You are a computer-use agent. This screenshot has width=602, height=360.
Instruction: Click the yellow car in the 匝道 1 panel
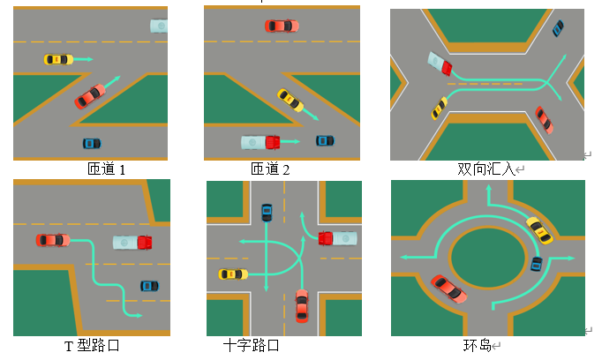tap(58, 59)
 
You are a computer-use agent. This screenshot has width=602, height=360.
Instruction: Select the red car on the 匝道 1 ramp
tap(90, 95)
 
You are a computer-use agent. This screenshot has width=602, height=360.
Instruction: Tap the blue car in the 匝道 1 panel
tap(92, 143)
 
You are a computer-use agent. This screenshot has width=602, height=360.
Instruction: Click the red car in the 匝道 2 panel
tap(282, 26)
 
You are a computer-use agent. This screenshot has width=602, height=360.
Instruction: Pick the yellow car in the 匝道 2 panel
tap(290, 101)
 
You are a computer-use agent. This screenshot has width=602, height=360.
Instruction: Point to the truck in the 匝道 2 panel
tap(260, 141)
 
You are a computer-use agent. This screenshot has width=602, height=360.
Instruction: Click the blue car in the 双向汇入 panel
tap(558, 28)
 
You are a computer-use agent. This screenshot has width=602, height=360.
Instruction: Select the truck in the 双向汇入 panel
tap(440, 63)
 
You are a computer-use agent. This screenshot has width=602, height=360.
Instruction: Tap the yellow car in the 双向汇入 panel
tap(439, 108)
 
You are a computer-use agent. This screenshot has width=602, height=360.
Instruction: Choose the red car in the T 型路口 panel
tap(52, 239)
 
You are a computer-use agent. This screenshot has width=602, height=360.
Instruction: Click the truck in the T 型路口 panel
tap(132, 241)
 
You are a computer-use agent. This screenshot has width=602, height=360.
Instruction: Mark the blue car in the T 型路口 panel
tap(149, 286)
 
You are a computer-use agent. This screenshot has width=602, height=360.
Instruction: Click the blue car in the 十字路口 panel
tap(267, 213)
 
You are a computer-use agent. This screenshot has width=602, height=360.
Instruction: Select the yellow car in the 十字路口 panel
tap(233, 274)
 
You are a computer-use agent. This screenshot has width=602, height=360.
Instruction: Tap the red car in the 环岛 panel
tap(449, 289)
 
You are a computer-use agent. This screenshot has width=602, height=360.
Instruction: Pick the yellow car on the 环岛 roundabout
tap(539, 229)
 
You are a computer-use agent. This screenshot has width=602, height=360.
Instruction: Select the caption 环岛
tap(477, 345)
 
